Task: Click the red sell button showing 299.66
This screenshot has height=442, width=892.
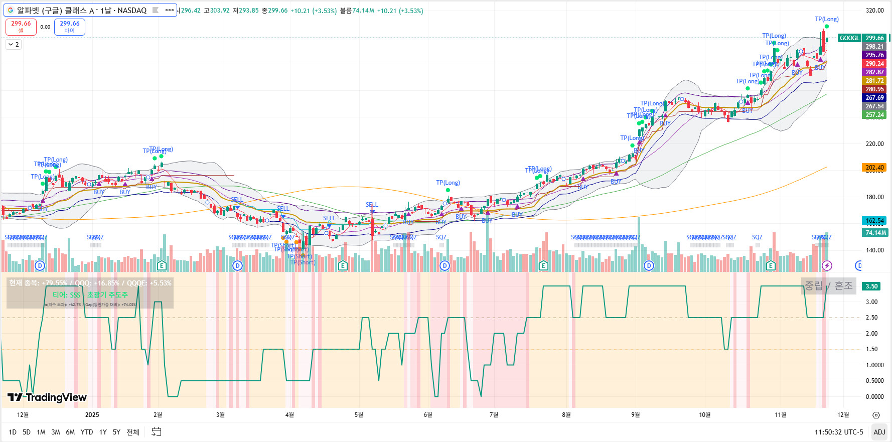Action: pos(21,27)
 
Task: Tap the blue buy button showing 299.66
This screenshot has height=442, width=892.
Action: pos(70,27)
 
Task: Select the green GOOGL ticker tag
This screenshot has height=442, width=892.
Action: pos(849,38)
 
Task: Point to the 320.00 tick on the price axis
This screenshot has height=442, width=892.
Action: pos(874,10)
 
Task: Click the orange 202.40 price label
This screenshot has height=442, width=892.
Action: pos(874,168)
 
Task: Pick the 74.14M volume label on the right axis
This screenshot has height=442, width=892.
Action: pos(875,232)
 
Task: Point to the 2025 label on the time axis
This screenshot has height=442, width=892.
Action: pos(92,415)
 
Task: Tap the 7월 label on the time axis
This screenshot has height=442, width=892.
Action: pos(494,415)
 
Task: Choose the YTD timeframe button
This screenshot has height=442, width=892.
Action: pos(87,432)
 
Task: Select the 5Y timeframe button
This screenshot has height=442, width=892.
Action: pos(116,432)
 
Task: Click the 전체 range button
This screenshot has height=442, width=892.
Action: pos(132,432)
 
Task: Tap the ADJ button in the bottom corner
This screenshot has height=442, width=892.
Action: pos(879,432)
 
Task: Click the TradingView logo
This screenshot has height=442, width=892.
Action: pos(47,397)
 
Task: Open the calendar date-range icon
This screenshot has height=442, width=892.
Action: pos(157,432)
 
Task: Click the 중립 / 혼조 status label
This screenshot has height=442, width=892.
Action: pos(828,286)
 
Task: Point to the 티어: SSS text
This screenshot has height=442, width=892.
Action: pos(67,295)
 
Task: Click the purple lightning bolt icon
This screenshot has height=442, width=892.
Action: pos(827,265)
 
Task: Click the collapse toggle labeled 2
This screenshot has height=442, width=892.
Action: pos(14,45)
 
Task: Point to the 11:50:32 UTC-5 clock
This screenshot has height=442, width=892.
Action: pos(839,432)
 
